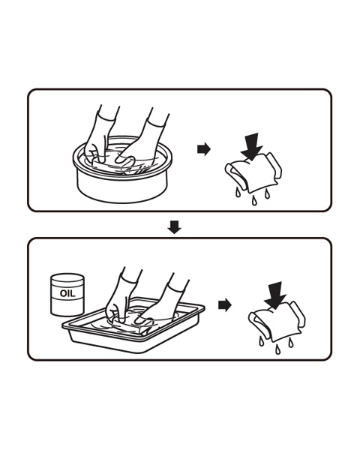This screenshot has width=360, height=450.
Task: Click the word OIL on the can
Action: [x=67, y=293]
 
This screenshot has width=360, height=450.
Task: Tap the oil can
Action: [x=67, y=295]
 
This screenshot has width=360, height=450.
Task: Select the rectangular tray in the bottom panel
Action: [x=133, y=333]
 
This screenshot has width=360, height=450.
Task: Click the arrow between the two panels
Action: [x=174, y=226]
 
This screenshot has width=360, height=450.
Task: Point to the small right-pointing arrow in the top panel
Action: [x=204, y=149]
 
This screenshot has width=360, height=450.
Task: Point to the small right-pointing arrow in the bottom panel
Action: [x=225, y=304]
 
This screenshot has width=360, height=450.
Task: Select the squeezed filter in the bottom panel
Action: [x=277, y=322]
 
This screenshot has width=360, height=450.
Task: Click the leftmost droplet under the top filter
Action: [x=238, y=192]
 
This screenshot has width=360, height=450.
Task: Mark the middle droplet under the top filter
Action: [x=253, y=200]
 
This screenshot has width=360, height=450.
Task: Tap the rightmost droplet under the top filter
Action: [x=268, y=193]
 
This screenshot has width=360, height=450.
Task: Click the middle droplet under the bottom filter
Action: [x=277, y=349]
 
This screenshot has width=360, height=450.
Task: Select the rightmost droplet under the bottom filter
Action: [x=291, y=342]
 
